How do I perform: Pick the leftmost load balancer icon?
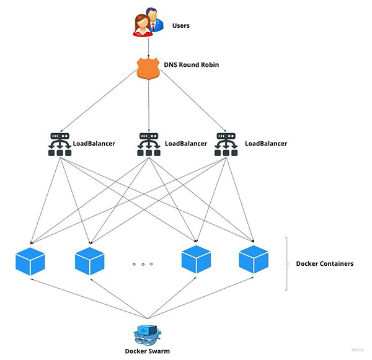coord(60,144)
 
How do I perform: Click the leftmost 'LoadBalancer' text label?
coord(94,144)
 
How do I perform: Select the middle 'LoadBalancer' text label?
coord(186,144)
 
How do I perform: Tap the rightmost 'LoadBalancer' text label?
coord(266,144)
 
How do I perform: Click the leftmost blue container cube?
coord(30,261)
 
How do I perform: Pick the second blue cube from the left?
coord(89,261)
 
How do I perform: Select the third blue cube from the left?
coord(197,261)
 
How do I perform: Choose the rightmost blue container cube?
coord(254,261)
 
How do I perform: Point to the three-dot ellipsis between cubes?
coord(143,265)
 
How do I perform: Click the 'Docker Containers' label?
coord(324,263)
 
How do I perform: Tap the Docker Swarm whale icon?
coord(147,333)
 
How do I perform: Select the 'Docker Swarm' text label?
coord(147,351)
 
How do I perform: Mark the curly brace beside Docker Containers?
coord(287,263)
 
